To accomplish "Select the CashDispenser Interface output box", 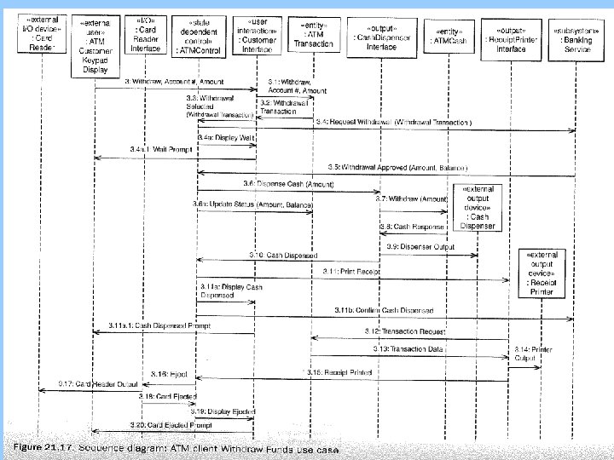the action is pyautogui.click(x=379, y=37).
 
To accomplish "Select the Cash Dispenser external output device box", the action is pyautogui.click(x=476, y=208).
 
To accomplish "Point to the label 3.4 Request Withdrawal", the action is pyautogui.click(x=394, y=123).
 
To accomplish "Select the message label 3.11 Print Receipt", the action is pyautogui.click(x=346, y=271).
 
